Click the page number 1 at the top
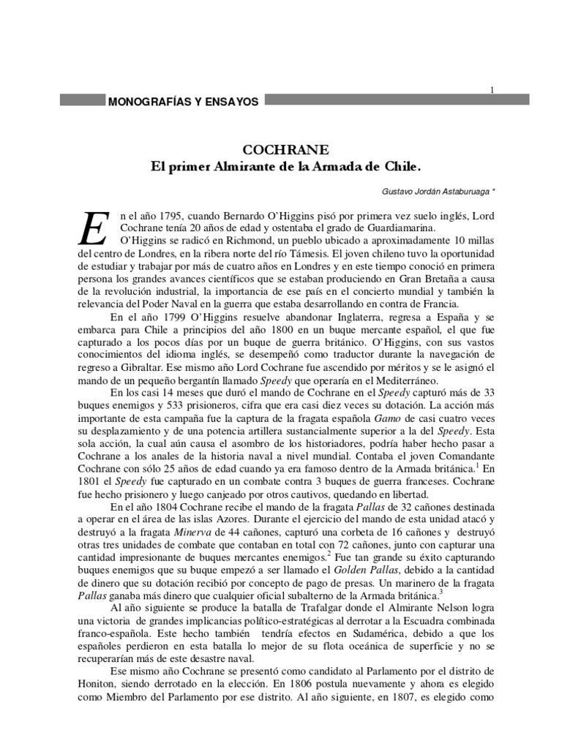point(492,89)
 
